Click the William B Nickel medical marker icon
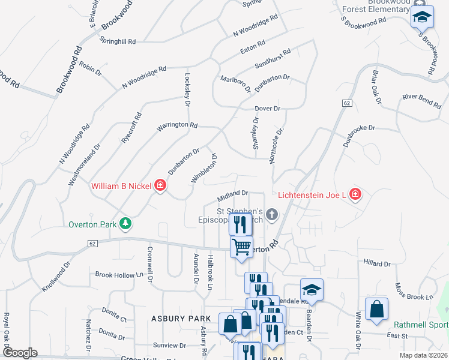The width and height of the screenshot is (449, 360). (160, 185)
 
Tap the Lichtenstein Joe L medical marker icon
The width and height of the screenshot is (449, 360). (355, 194)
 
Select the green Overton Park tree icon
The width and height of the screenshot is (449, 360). (125, 224)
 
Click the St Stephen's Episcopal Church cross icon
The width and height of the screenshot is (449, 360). (272, 214)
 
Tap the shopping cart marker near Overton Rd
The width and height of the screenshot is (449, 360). (241, 247)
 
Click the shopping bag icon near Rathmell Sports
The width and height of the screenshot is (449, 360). (376, 310)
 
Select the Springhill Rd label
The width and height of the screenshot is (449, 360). (118, 41)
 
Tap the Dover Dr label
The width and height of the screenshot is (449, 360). (268, 109)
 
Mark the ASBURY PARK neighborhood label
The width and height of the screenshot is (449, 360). (181, 318)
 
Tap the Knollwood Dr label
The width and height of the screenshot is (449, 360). (56, 276)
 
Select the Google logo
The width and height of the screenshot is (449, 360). (19, 353)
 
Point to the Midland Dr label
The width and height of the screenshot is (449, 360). (233, 194)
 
